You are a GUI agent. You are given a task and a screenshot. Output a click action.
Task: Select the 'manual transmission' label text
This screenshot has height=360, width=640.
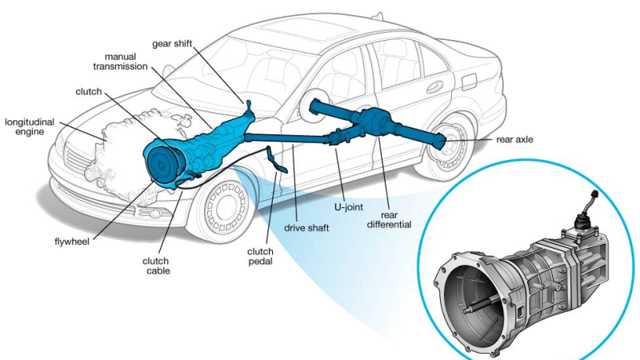click(119, 61)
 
